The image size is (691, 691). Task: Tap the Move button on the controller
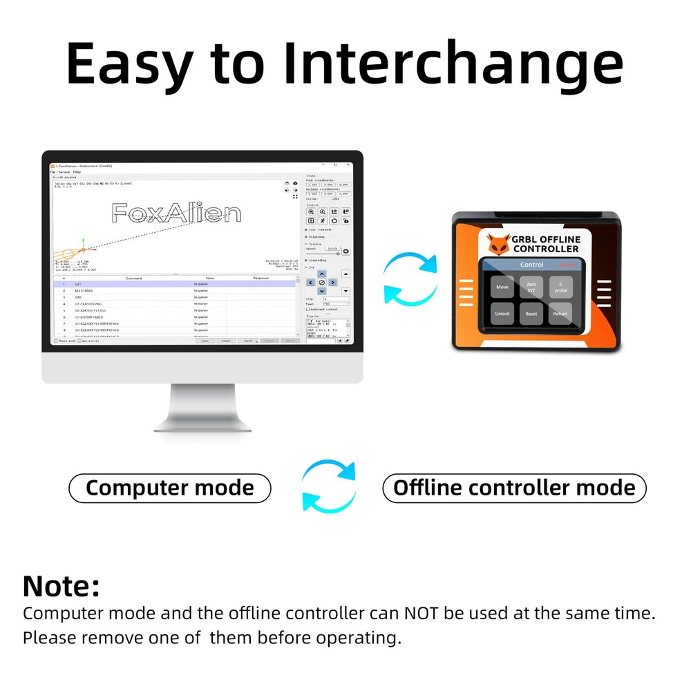[502, 287]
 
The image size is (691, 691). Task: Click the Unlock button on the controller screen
[502, 314]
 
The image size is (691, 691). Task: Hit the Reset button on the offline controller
[531, 314]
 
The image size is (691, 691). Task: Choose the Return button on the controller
[560, 314]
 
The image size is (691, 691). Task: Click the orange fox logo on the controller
[499, 244]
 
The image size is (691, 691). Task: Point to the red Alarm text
[569, 265]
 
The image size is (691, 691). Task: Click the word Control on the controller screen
[531, 265]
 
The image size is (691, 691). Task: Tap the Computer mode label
[170, 489]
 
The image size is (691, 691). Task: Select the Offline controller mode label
[514, 489]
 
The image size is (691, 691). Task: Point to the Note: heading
[61, 586]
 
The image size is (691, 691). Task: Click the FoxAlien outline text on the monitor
[177, 214]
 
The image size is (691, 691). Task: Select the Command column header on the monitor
[133, 278]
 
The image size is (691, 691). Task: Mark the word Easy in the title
[129, 64]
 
